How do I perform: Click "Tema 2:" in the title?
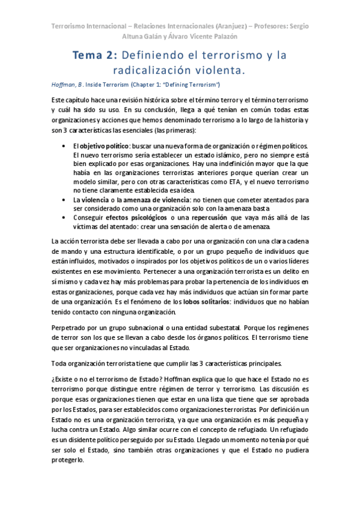click(x=94, y=55)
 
